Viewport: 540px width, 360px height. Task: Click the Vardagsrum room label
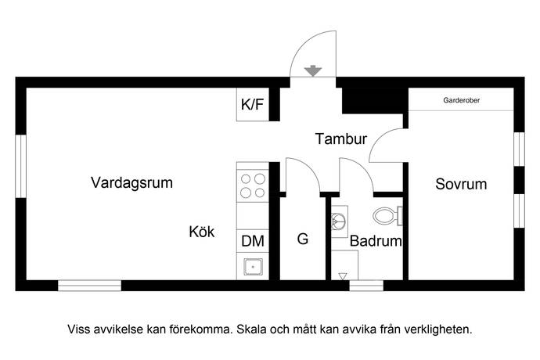pyautogui.click(x=131, y=183)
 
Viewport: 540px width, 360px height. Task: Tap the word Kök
pyautogui.click(x=201, y=232)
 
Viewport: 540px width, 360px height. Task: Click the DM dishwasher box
pyautogui.click(x=252, y=241)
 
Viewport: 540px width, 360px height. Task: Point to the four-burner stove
pyautogui.click(x=252, y=185)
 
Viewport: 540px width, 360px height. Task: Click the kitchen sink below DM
pyautogui.click(x=252, y=268)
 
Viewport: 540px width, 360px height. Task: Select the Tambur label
pyautogui.click(x=341, y=140)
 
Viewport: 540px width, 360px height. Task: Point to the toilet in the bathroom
pyautogui.click(x=387, y=214)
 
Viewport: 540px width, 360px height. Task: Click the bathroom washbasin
pyautogui.click(x=339, y=221)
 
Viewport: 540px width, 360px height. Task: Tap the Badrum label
pyautogui.click(x=376, y=242)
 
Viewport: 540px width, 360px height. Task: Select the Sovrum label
pyautogui.click(x=461, y=185)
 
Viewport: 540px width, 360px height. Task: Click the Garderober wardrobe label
pyautogui.click(x=462, y=101)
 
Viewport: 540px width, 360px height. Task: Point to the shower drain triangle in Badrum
pyautogui.click(x=344, y=275)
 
